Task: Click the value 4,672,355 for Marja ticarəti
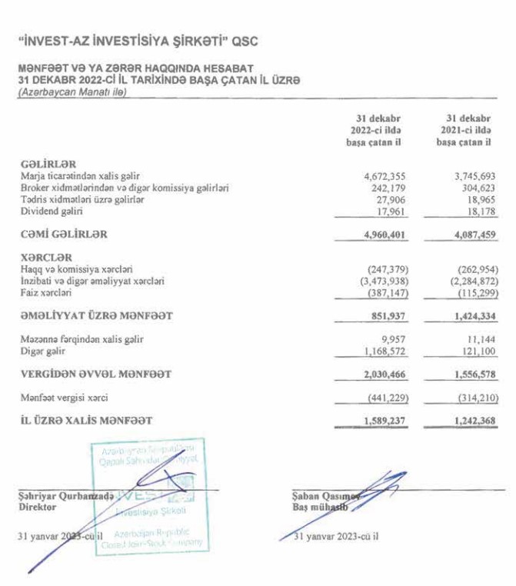click(x=383, y=176)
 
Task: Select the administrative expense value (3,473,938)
click(x=379, y=281)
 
